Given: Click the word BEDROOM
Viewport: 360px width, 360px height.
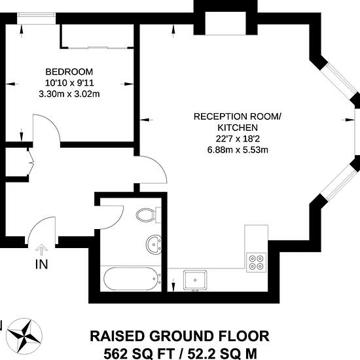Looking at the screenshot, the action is pos(69,72).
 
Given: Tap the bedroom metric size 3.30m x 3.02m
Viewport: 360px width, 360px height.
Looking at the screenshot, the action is pos(69,94).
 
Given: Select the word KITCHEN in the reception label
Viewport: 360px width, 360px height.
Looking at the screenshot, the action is pos(238,128).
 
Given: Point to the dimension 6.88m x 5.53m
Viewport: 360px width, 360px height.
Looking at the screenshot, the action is pos(238,150).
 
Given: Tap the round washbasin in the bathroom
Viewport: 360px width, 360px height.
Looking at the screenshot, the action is pos(154,244).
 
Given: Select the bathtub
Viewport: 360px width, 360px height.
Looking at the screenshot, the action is pos(132,278).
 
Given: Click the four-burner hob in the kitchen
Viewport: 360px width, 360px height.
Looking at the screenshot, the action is pos(256,262).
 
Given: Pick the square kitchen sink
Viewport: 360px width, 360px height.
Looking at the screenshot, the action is pos(195,280).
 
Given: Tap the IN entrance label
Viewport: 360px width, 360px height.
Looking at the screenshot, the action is pos(41,264).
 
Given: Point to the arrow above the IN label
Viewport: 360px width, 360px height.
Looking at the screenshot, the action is pos(41,250).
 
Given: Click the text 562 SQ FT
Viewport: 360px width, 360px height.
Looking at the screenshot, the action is pos(139,353).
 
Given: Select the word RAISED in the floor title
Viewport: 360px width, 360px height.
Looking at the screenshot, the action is pos(117,336).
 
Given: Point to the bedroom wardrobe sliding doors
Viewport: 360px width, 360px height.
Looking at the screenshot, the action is pos(98,48).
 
